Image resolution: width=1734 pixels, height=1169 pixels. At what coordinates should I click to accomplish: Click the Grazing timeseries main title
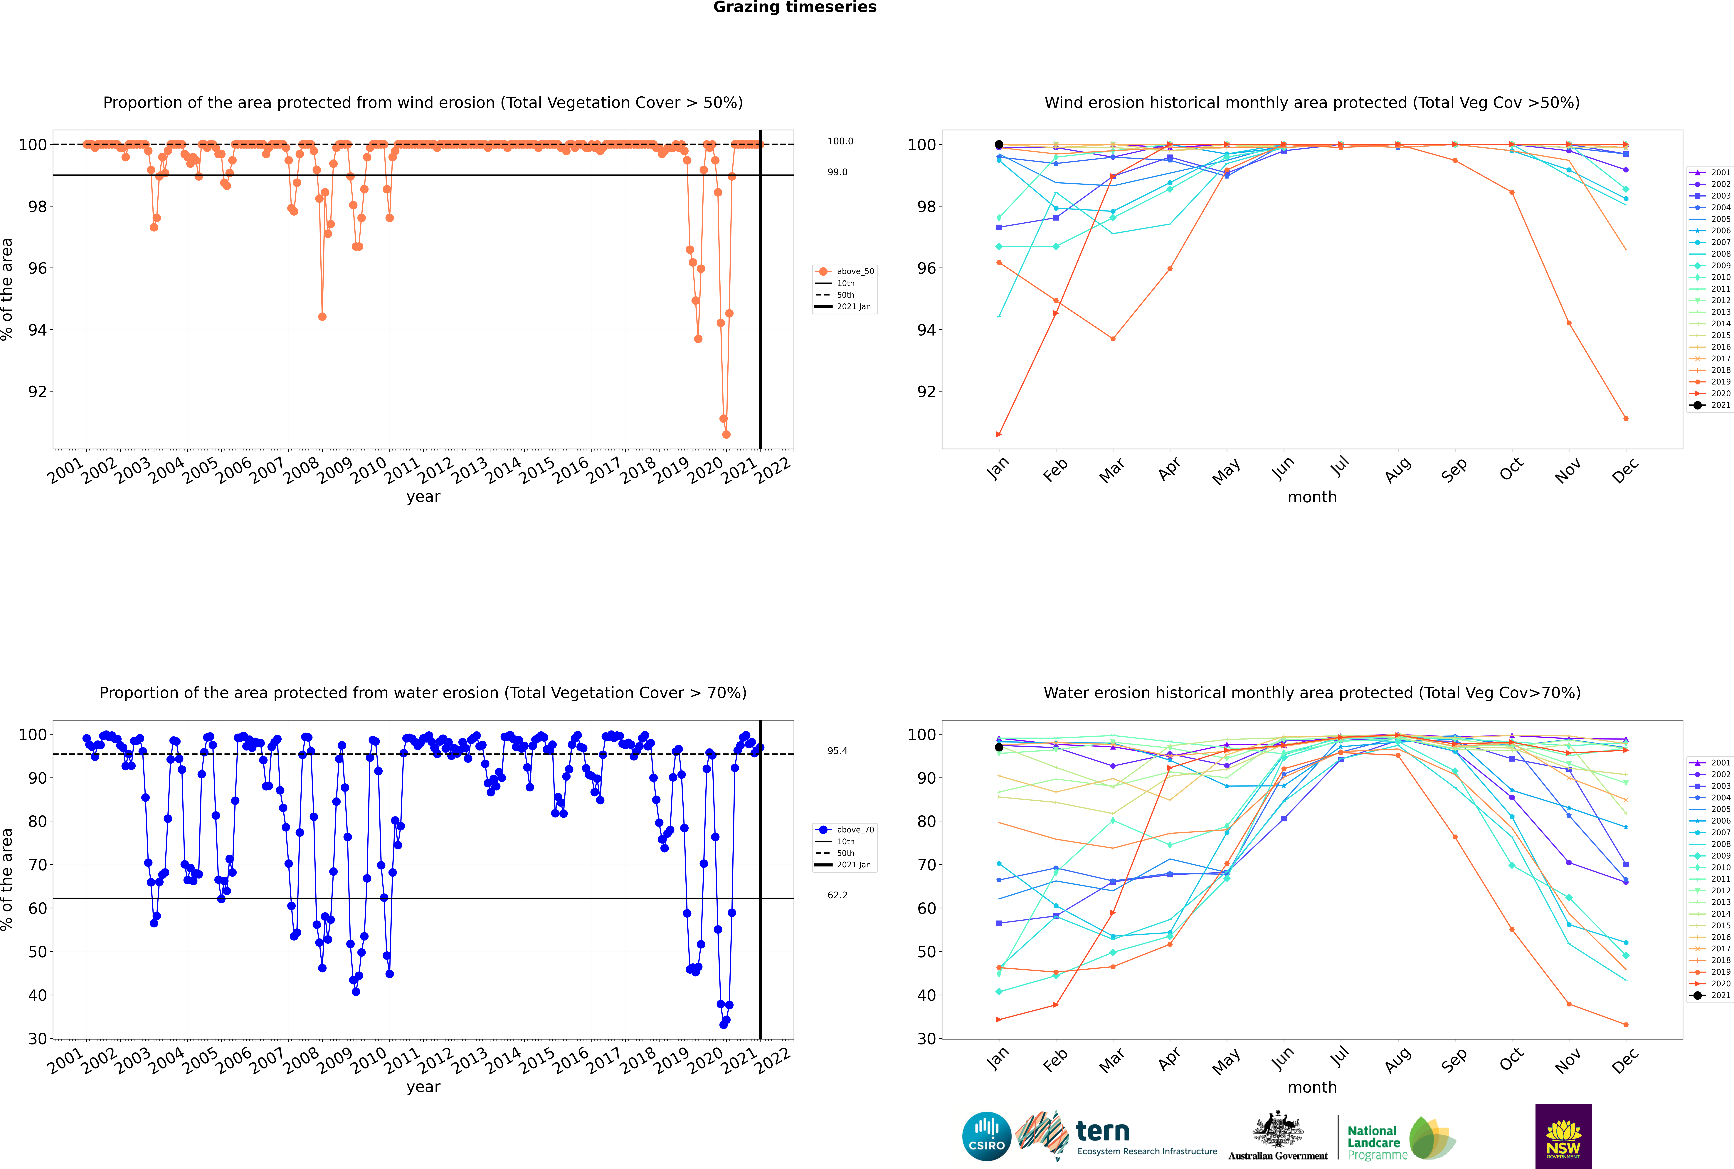[795, 7]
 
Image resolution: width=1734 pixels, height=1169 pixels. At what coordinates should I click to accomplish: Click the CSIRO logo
[986, 1136]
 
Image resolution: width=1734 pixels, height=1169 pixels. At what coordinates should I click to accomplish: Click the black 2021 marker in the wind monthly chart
[999, 145]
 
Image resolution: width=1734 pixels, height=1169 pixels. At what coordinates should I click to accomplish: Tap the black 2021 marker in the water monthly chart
[999, 747]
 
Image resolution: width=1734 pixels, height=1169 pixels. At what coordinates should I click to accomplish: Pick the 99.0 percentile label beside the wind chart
[837, 172]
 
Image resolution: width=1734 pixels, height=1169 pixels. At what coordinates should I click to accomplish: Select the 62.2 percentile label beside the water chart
[837, 895]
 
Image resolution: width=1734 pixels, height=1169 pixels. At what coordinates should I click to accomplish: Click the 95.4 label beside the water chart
[837, 751]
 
